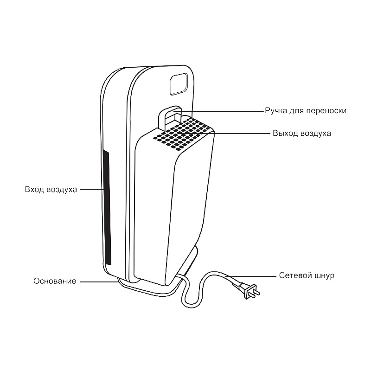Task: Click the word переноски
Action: [327, 111]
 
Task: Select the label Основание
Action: [55, 281]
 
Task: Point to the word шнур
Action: [323, 275]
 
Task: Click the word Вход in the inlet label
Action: [35, 190]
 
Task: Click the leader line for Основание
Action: [97, 281]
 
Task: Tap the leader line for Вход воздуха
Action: [90, 190]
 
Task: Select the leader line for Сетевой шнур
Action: [250, 275]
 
